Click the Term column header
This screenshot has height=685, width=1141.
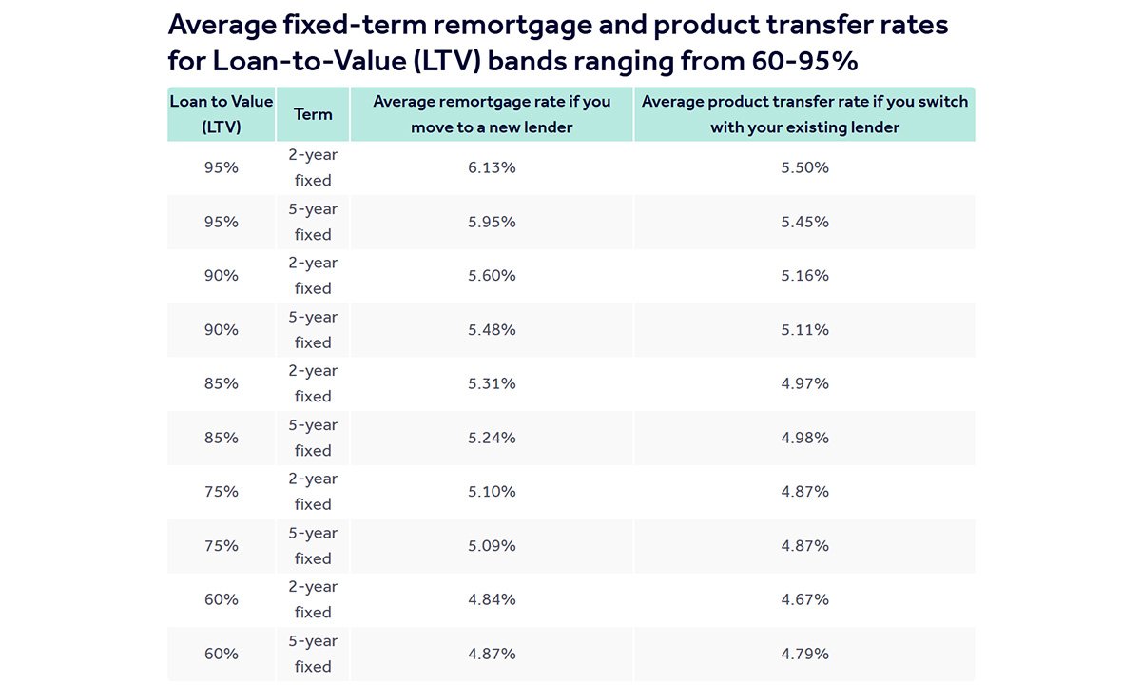click(x=313, y=114)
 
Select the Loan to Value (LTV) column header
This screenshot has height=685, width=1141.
click(x=221, y=114)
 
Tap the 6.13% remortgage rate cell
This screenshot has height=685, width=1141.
click(x=492, y=167)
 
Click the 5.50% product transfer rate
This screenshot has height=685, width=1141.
click(x=804, y=167)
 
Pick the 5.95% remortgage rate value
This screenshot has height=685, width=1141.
click(x=492, y=222)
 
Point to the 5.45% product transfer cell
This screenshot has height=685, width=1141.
click(x=804, y=222)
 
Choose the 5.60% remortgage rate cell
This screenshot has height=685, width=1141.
click(x=492, y=276)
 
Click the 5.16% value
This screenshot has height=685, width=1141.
click(x=804, y=276)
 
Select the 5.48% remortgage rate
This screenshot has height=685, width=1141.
click(x=492, y=330)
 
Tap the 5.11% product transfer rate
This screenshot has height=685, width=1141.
click(x=804, y=330)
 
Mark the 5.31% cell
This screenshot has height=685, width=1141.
click(x=492, y=383)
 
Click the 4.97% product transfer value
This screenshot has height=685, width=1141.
click(x=804, y=383)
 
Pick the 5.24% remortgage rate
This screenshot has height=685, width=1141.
click(x=492, y=438)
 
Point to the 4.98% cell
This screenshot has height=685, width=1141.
click(x=804, y=438)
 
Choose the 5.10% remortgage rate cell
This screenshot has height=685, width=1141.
click(x=492, y=492)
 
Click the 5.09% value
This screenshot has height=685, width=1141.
click(x=492, y=546)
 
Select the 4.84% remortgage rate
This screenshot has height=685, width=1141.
click(x=492, y=600)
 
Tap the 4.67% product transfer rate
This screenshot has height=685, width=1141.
click(x=804, y=600)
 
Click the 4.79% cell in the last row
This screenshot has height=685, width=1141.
click(x=804, y=654)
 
